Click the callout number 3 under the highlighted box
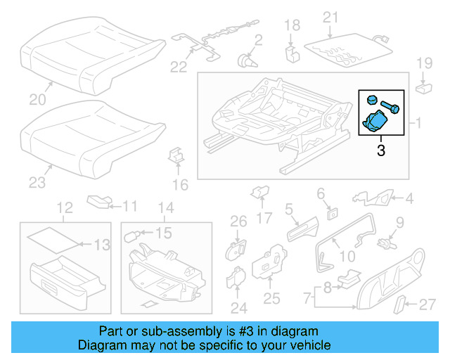(380, 150)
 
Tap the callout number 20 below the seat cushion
(37, 101)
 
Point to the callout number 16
(181, 185)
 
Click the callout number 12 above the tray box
(65, 208)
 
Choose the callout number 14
(165, 208)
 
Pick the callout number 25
(271, 300)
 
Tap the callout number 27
(427, 304)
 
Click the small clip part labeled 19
(423, 89)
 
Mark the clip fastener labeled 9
(384, 244)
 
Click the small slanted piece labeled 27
(398, 305)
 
